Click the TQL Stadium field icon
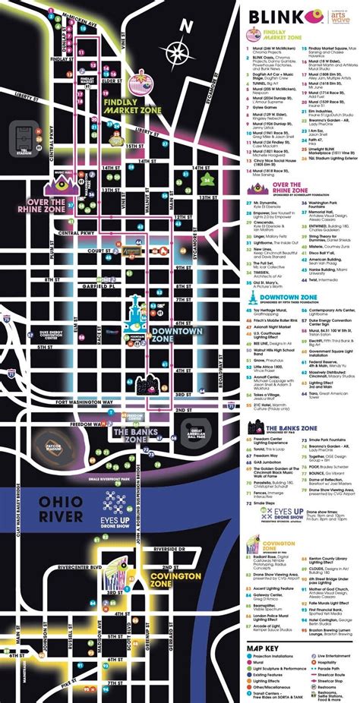tap(22, 139)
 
